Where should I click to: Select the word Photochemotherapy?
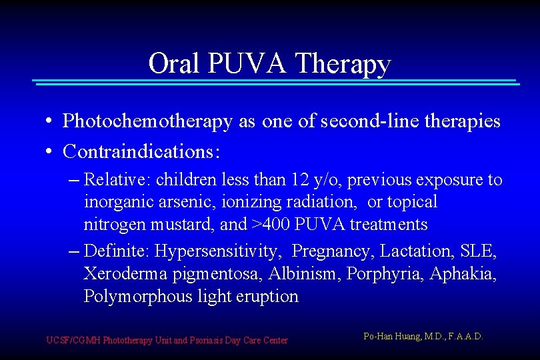coord(147,121)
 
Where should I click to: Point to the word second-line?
coord(366,121)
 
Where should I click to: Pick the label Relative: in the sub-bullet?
coord(113,180)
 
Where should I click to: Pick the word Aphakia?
coord(463,274)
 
